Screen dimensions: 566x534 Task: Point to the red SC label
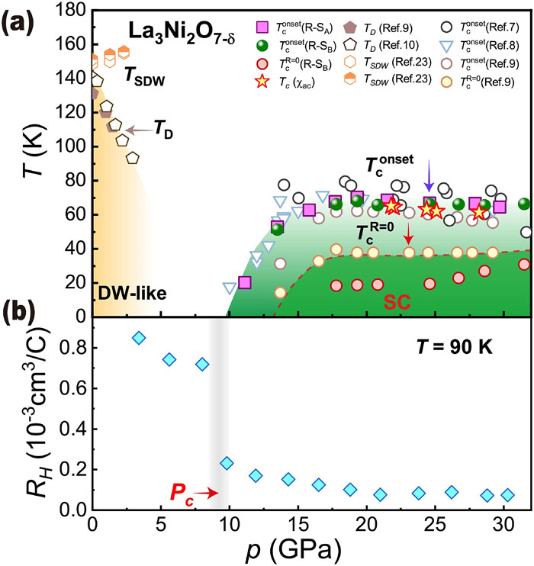(x=396, y=304)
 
